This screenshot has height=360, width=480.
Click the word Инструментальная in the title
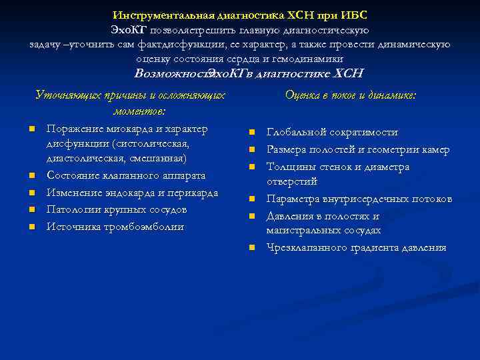click(158, 15)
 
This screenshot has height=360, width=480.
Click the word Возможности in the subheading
click(171, 74)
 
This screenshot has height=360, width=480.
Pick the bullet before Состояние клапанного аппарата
click(31, 176)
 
